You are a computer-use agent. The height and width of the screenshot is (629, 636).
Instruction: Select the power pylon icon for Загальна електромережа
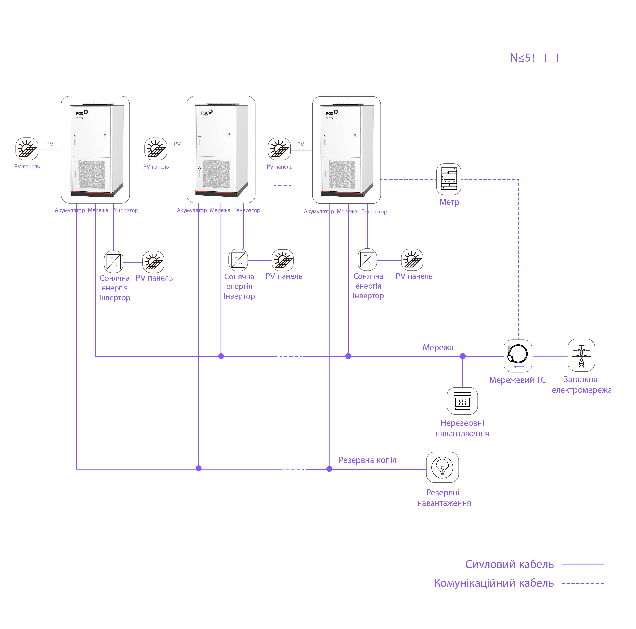(x=581, y=355)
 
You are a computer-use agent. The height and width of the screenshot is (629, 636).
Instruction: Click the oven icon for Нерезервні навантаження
(x=462, y=401)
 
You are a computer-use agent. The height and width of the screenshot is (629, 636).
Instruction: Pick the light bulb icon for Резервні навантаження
(x=442, y=467)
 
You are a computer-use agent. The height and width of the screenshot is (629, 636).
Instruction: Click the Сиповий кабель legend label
(x=509, y=564)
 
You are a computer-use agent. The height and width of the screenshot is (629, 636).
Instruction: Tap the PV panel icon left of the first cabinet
(x=27, y=149)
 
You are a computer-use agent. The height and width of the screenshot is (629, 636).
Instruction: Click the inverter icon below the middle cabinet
(x=238, y=260)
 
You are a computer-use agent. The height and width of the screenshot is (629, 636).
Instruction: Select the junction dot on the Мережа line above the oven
(x=463, y=356)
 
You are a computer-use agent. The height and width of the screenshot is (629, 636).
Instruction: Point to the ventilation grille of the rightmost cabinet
(x=342, y=174)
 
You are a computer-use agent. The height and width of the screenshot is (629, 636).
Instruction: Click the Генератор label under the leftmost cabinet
(x=125, y=211)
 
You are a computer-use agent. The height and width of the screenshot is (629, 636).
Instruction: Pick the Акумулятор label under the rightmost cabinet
(x=319, y=212)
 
